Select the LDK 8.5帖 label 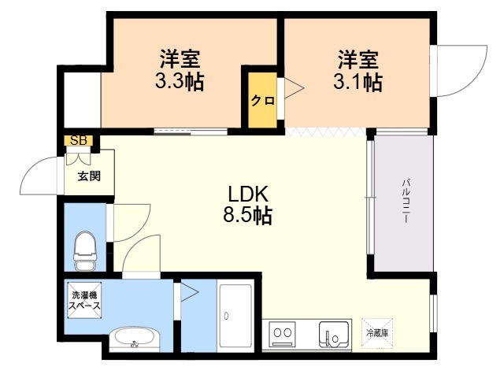247,205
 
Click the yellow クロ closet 262,100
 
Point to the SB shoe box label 79,140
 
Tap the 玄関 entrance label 89,176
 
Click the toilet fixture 85,250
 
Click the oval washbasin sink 134,339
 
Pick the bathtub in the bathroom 235,316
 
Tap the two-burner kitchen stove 282,333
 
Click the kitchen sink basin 334,334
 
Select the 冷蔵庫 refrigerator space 377,333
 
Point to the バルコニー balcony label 406,201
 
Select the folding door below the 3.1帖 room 325,132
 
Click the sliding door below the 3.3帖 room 191,132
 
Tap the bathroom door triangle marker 189,292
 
